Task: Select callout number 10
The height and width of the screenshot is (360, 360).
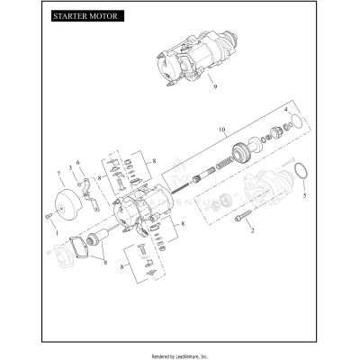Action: pyautogui.click(x=221, y=130)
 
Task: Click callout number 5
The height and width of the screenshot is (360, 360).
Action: pyautogui.click(x=303, y=194)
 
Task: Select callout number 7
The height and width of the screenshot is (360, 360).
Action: pyautogui.click(x=59, y=171)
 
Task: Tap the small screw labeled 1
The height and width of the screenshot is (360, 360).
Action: pyautogui.click(x=49, y=216)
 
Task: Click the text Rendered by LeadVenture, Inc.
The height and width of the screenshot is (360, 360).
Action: pyautogui.click(x=180, y=352)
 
